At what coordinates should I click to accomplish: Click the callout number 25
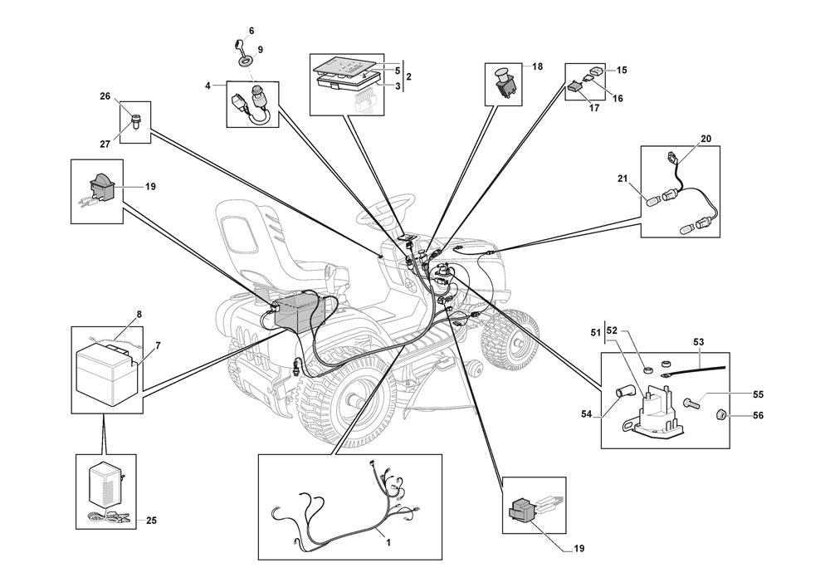tap(151, 521)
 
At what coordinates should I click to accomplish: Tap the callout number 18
tap(538, 66)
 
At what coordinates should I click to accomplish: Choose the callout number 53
tap(698, 341)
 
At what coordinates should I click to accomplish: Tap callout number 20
tap(706, 139)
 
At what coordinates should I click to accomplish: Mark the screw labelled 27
tap(134, 123)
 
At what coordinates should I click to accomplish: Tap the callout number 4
tap(208, 85)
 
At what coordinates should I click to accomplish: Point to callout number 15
tap(622, 71)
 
